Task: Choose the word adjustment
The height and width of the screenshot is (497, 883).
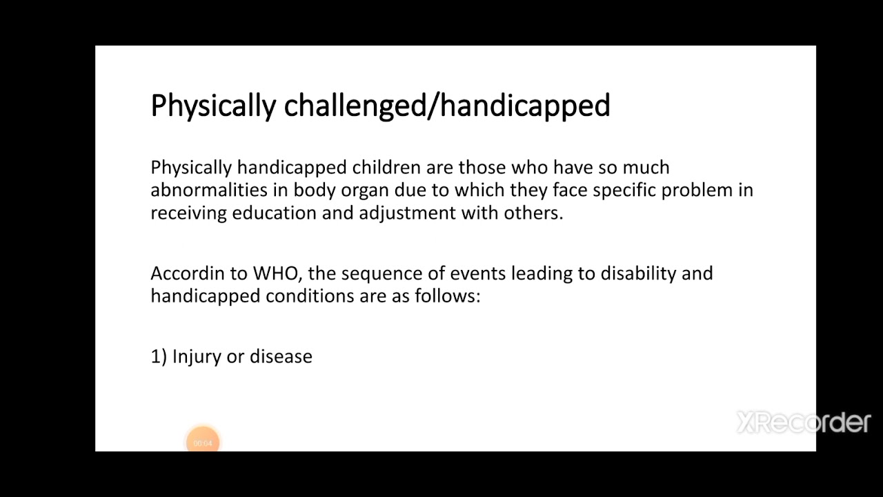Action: [x=407, y=213]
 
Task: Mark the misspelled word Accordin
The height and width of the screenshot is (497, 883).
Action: [x=188, y=273]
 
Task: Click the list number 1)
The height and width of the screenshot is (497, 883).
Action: [x=159, y=357]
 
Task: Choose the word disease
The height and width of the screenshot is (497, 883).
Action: [x=281, y=356]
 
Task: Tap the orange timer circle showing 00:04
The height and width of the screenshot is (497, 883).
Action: [x=203, y=442]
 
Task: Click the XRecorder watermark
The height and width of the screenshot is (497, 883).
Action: [x=804, y=422]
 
